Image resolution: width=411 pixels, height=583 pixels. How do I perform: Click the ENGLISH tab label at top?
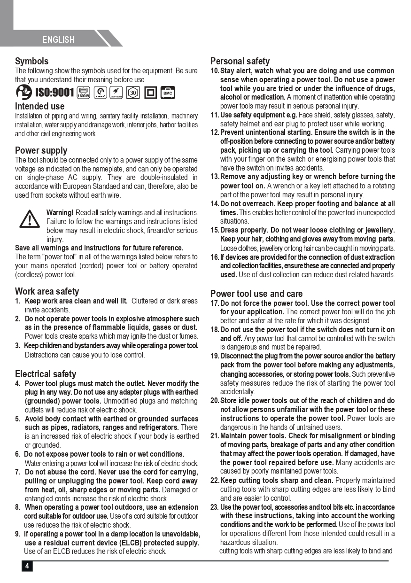click(58, 40)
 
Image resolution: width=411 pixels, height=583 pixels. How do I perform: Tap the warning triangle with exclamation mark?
click(30, 218)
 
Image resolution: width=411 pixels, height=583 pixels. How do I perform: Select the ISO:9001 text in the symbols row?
click(54, 93)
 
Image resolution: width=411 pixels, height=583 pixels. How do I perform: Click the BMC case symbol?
click(168, 93)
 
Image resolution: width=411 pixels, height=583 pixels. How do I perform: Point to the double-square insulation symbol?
click(150, 93)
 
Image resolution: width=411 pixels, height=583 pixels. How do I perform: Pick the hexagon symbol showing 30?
click(133, 93)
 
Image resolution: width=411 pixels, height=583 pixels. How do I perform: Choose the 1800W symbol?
click(84, 93)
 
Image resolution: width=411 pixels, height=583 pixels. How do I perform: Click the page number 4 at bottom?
click(27, 566)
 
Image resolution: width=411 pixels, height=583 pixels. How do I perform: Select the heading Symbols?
click(31, 61)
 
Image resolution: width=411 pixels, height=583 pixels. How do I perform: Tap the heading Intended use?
click(39, 106)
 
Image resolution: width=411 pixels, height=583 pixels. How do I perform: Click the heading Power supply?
click(41, 150)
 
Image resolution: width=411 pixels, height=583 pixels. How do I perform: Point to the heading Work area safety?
click(47, 291)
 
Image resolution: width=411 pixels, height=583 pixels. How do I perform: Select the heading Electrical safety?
click(46, 374)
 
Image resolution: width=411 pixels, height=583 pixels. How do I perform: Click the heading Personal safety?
click(240, 61)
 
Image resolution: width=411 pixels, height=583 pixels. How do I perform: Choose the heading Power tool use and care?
click(256, 294)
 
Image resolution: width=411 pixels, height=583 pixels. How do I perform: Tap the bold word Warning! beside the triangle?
click(60, 213)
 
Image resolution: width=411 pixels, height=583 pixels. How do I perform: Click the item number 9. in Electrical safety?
click(18, 534)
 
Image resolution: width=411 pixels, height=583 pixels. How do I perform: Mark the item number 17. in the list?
click(215, 303)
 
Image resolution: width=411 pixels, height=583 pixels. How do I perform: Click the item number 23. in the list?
click(215, 507)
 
